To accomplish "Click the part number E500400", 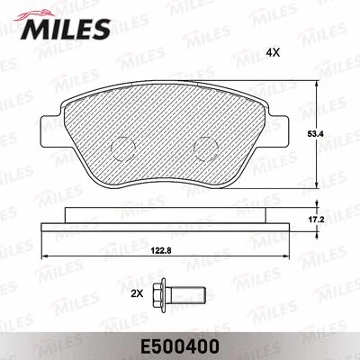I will point(180,344).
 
